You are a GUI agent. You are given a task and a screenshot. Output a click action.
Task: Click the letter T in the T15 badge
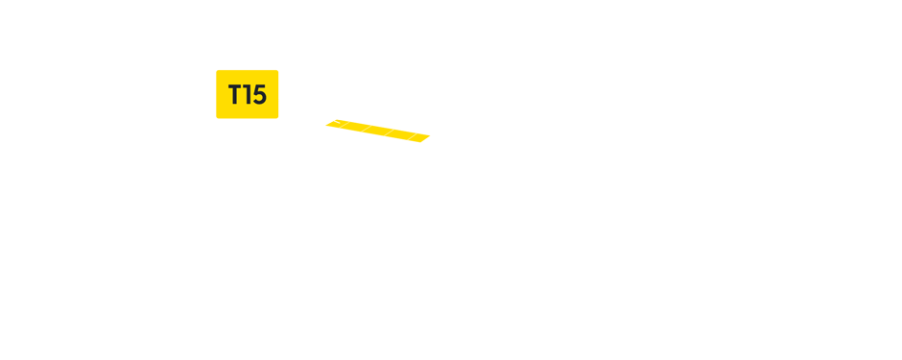click(235, 95)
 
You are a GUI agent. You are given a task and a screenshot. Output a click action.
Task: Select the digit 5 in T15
click(258, 95)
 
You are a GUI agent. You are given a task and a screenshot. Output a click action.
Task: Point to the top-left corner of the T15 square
click(217, 70)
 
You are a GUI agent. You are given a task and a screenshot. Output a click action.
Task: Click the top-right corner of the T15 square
click(277, 70)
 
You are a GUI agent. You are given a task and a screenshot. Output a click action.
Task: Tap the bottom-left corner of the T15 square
click(217, 117)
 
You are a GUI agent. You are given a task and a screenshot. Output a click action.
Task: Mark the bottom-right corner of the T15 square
click(277, 117)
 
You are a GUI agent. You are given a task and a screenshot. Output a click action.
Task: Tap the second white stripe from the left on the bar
click(366, 129)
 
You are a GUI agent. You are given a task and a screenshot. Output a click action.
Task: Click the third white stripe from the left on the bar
click(390, 132)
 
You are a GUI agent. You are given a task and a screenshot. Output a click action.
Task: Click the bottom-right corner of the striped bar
click(430, 142)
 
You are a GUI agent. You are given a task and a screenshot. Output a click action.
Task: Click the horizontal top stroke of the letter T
click(235, 86)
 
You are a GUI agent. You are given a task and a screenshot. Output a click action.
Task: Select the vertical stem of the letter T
click(235, 98)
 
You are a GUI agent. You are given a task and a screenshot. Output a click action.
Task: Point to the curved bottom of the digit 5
click(258, 103)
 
